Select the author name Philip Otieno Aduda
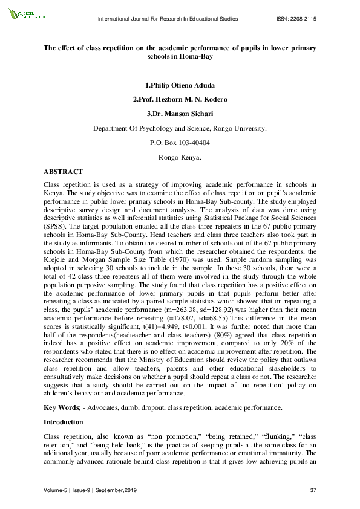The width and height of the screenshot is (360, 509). pos(180,86)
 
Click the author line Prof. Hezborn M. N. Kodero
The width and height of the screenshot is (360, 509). pos(180,99)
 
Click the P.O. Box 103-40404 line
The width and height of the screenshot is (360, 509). pos(180,143)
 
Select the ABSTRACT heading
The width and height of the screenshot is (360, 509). pos(63,172)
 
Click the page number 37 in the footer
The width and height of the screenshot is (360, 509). pos(313,488)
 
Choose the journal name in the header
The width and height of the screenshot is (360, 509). pos(168,19)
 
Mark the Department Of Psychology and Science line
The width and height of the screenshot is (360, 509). pos(180,128)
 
